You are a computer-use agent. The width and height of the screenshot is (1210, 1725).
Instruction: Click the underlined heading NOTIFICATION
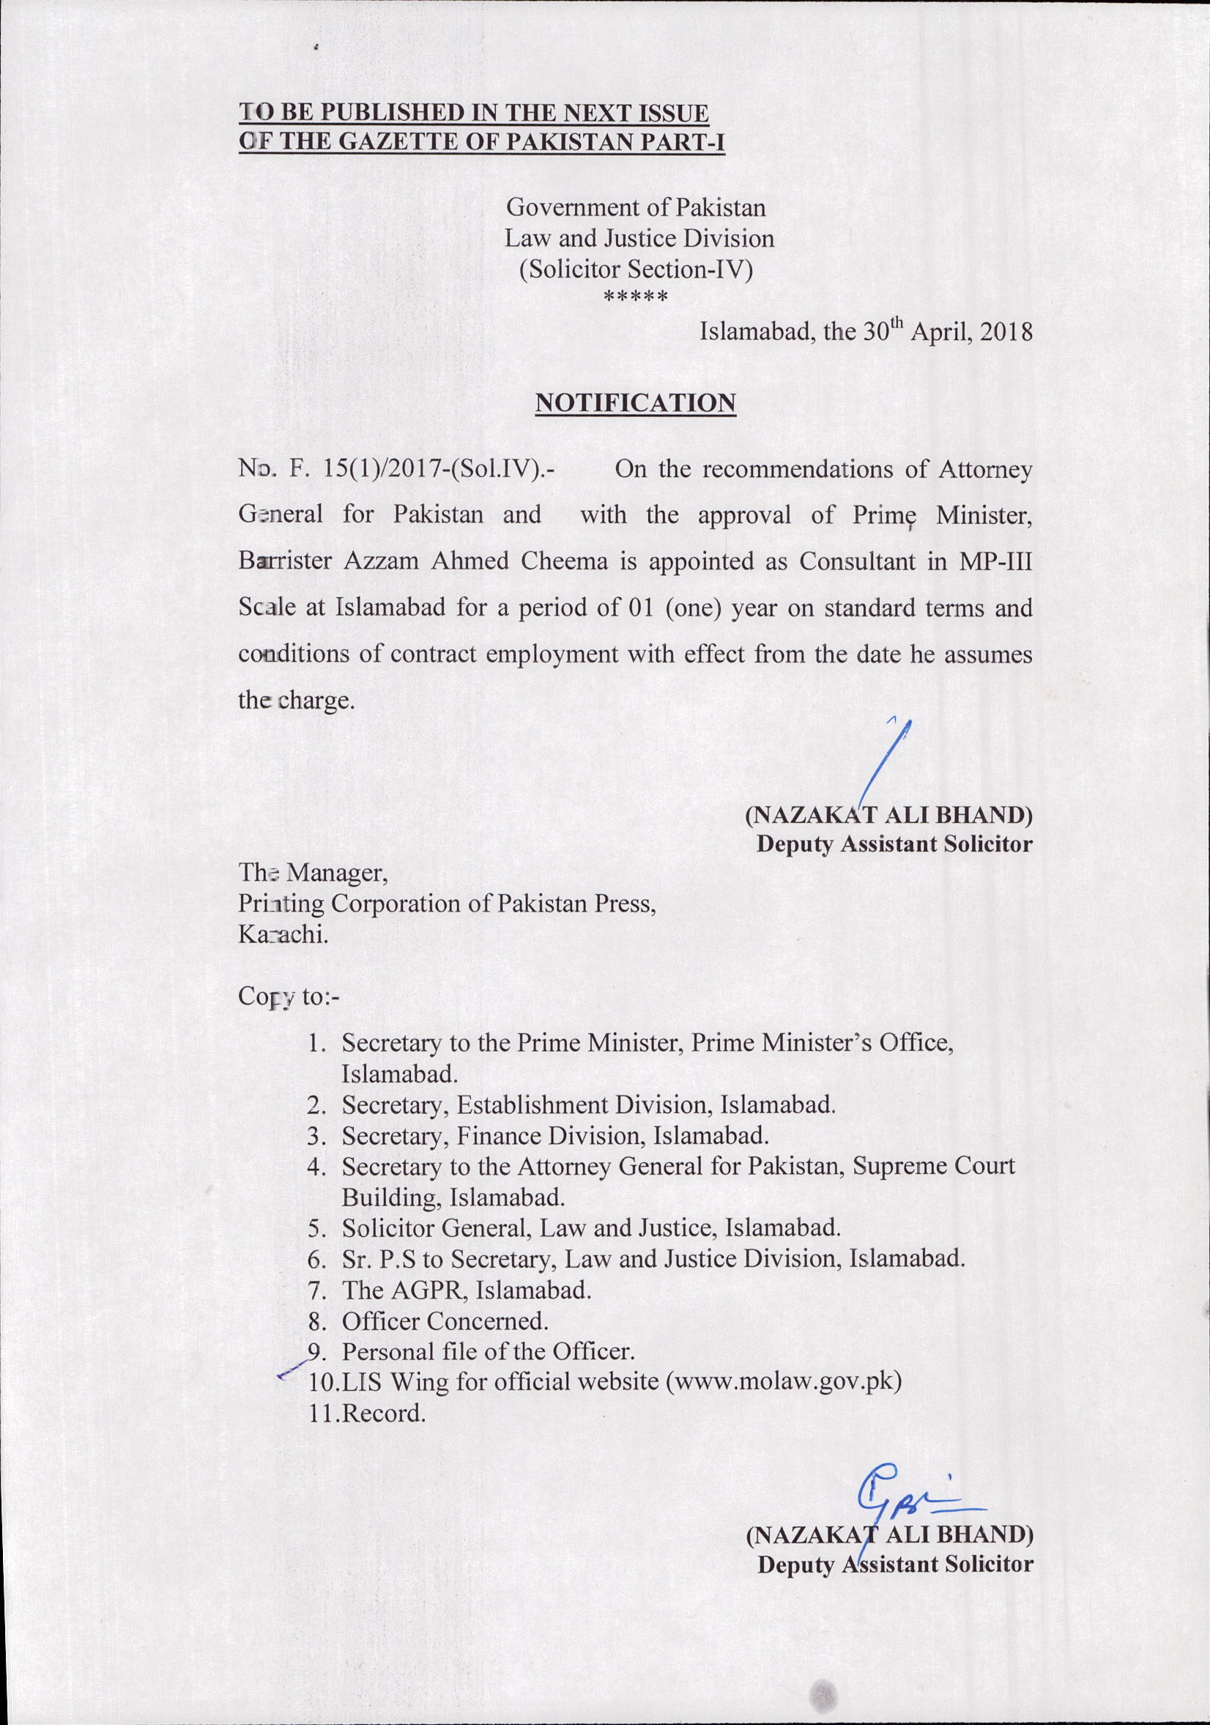click(x=635, y=403)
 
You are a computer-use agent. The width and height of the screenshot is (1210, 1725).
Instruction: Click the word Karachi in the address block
click(x=284, y=935)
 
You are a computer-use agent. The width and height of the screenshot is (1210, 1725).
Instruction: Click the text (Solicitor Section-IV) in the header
click(x=636, y=269)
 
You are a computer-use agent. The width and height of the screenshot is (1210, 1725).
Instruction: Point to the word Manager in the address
click(x=336, y=873)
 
